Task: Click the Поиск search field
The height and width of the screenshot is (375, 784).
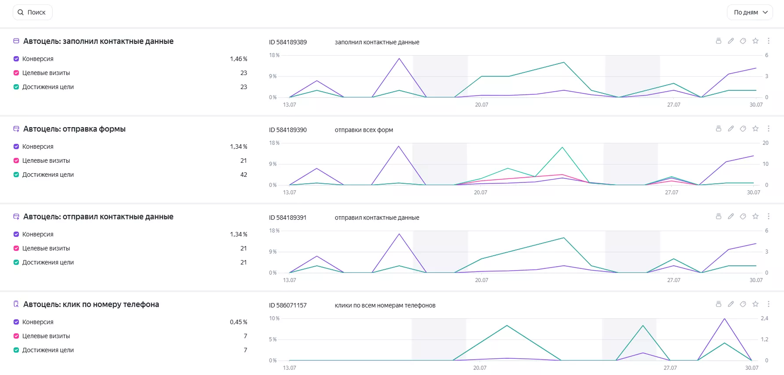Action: click(32, 12)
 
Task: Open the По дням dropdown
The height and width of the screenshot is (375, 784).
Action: click(750, 12)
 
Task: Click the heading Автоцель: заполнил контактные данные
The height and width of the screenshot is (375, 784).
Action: click(98, 41)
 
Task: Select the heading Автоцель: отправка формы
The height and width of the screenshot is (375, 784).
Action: click(75, 129)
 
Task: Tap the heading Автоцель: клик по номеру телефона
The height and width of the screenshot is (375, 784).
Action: click(91, 304)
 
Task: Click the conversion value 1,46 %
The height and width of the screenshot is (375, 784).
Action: click(239, 59)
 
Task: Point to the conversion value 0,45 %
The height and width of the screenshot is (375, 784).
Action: click(239, 322)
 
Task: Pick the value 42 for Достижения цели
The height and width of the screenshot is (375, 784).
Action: click(243, 175)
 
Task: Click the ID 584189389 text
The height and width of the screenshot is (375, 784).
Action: click(288, 42)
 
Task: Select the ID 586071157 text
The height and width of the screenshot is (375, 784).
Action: click(288, 305)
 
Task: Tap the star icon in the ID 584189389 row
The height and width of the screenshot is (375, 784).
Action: click(755, 41)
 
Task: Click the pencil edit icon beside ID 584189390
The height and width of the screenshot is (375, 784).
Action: click(731, 129)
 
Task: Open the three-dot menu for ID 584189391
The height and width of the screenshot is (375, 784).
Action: click(769, 216)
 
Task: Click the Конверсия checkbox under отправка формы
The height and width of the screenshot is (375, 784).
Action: click(16, 146)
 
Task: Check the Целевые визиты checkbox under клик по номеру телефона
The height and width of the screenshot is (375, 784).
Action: click(16, 336)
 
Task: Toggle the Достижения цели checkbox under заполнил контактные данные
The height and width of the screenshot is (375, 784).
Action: click(16, 87)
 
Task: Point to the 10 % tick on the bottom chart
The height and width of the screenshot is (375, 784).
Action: click(274, 318)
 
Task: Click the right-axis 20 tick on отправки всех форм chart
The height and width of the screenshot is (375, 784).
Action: click(766, 143)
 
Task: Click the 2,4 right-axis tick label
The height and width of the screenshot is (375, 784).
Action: click(765, 318)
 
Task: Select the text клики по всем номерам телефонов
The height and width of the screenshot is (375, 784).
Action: click(385, 305)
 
